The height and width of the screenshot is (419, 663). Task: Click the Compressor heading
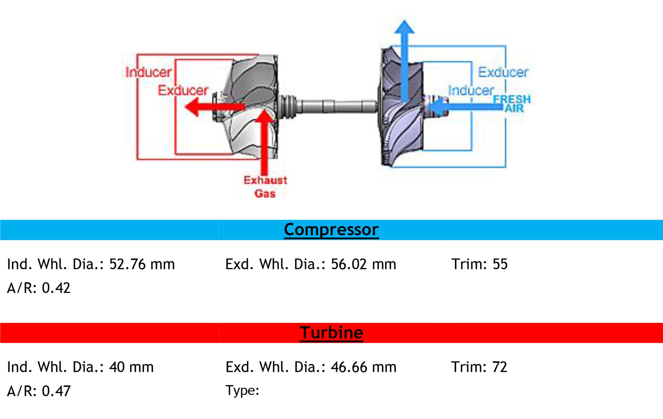[x=331, y=229]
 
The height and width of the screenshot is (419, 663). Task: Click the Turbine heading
[x=331, y=333]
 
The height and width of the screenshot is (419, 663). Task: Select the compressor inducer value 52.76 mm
[x=142, y=264]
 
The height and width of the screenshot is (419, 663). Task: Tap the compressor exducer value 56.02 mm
[x=364, y=264]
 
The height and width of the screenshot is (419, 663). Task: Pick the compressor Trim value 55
[x=500, y=264]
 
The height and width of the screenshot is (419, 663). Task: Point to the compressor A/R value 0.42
[x=56, y=288]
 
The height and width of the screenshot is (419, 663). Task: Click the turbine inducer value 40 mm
[x=131, y=367]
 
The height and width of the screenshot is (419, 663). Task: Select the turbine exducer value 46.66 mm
[x=364, y=367]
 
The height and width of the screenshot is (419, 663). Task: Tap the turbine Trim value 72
[x=500, y=367]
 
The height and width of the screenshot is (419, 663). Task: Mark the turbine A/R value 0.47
[x=56, y=391]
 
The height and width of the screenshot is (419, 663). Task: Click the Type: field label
[x=242, y=390]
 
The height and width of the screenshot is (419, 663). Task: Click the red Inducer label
[x=148, y=72]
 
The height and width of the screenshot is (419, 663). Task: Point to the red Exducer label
[x=183, y=90]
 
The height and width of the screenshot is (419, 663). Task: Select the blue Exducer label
[x=503, y=72]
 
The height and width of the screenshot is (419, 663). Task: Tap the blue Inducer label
[x=471, y=90]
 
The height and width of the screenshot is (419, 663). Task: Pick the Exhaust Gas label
[x=265, y=187]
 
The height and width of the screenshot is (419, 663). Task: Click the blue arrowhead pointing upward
[x=404, y=27]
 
